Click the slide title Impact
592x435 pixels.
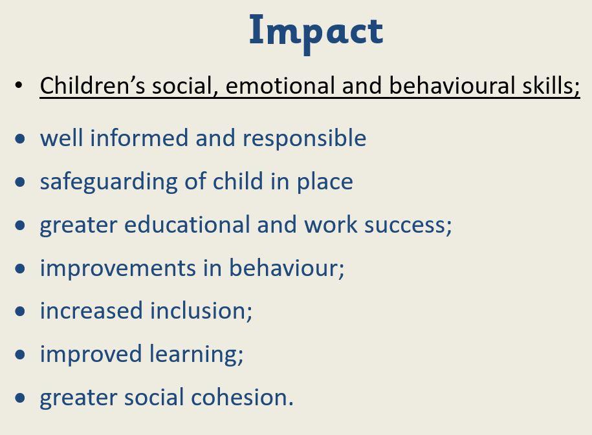tap(316, 32)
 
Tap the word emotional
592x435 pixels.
tap(280, 85)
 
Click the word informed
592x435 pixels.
tap(139, 138)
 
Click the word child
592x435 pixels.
tap(238, 181)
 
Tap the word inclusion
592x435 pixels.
tap(201, 311)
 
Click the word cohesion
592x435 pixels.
tap(243, 398)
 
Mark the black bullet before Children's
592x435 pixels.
tap(19, 85)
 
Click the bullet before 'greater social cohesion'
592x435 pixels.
tap(20, 398)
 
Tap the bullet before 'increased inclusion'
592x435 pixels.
tap(20, 312)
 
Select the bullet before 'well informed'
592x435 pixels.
tap(20, 138)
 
